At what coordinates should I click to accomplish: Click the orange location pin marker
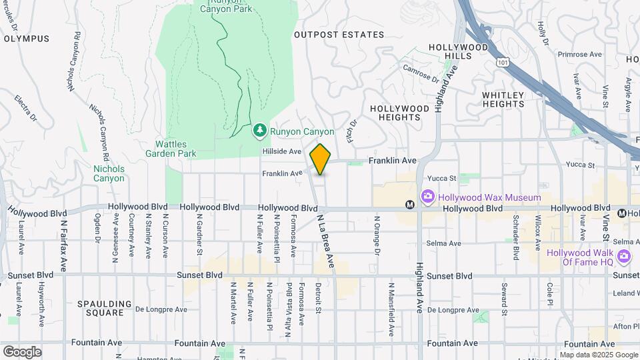[x=321, y=159]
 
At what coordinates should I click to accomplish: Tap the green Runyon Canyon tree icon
[x=260, y=132]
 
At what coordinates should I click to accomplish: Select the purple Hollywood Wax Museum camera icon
[x=427, y=197]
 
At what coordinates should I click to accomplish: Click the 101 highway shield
[x=502, y=61]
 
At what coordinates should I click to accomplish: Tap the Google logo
[x=21, y=351]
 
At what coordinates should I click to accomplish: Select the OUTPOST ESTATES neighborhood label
[x=339, y=35]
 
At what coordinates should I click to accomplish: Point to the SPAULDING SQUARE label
[x=101, y=308]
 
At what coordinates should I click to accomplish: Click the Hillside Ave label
[x=282, y=152]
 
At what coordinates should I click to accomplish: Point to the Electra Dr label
[x=25, y=109]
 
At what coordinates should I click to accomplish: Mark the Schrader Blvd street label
[x=516, y=237]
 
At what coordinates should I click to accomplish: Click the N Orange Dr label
[x=377, y=235]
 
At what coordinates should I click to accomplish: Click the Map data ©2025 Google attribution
[x=598, y=355]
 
